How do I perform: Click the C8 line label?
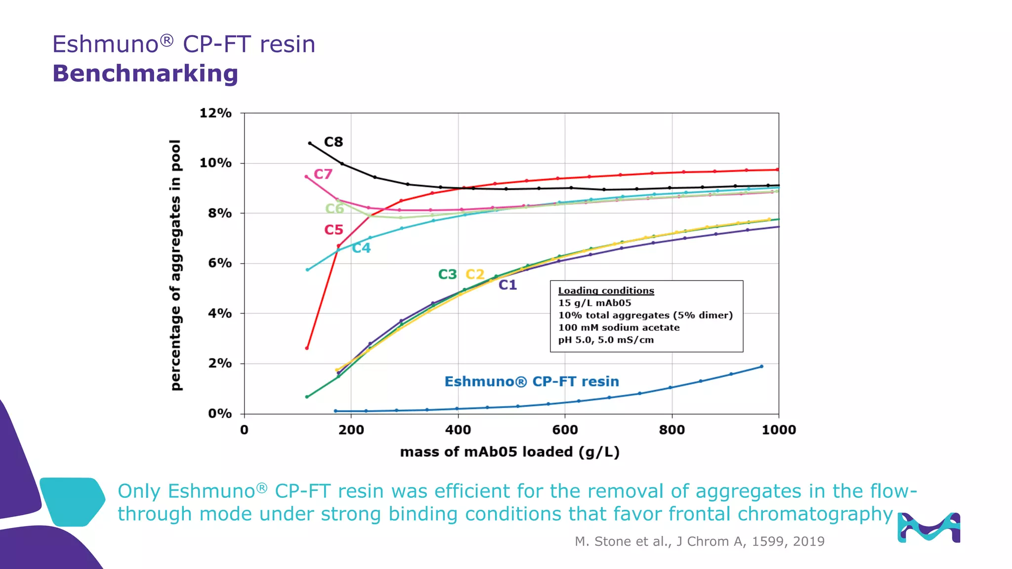tap(333, 142)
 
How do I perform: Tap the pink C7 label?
tap(323, 174)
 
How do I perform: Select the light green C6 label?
tap(335, 208)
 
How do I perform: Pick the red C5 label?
tap(334, 230)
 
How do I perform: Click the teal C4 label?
tap(361, 248)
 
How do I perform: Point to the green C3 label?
tap(447, 274)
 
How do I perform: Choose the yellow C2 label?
tap(475, 274)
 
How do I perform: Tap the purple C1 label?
tap(507, 285)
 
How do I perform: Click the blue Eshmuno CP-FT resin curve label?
tap(532, 381)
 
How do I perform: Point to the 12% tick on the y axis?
tap(215, 113)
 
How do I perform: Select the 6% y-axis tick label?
tap(219, 263)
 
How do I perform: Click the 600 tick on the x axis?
tap(565, 430)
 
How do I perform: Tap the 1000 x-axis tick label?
tap(779, 430)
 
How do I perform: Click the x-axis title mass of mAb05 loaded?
tap(509, 452)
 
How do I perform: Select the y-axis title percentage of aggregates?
tap(176, 265)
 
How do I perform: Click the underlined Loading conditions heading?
tap(606, 291)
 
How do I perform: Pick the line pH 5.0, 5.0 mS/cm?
tap(606, 340)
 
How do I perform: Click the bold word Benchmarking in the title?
tap(145, 74)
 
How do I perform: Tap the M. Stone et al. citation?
tap(699, 541)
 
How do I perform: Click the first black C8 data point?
tap(310, 143)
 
